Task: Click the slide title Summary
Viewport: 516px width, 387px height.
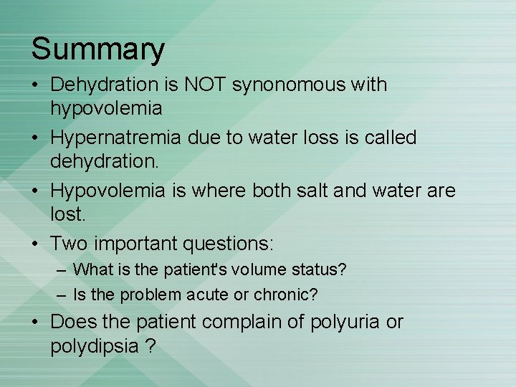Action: point(97,50)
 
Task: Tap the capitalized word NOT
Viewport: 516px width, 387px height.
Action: point(206,85)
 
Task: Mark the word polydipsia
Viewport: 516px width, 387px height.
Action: point(94,347)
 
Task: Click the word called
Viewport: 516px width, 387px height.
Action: point(389,138)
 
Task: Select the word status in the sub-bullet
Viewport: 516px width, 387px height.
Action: point(317,270)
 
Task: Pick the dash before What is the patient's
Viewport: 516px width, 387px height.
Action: point(62,271)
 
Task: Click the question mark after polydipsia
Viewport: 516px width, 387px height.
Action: point(149,347)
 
